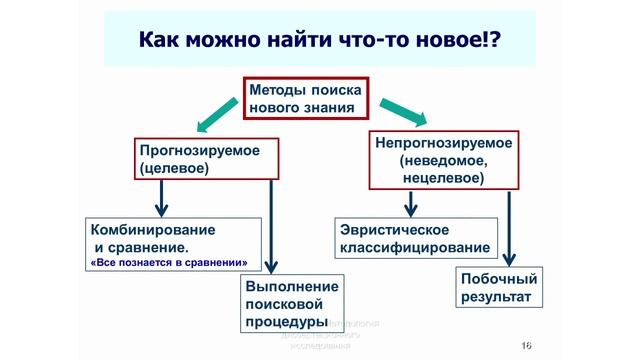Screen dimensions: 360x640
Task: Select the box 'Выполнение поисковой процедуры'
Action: pos(292,304)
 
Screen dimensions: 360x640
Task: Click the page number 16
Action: pos(525,345)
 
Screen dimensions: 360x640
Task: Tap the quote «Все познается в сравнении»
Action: pos(169,263)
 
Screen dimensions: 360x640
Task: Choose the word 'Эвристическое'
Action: pos(392,229)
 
